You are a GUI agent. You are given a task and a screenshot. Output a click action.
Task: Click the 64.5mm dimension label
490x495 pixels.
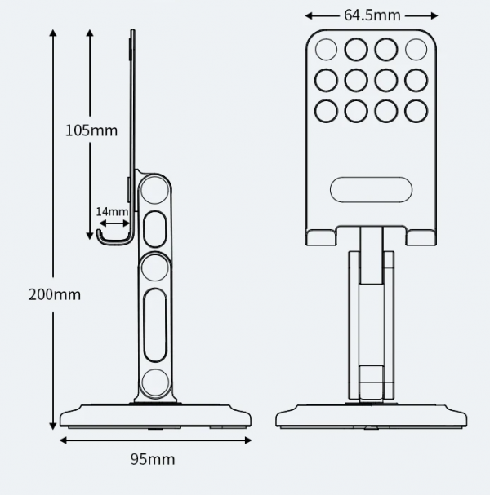(x=372, y=15)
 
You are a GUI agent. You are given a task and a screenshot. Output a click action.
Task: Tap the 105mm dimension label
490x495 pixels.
(x=91, y=130)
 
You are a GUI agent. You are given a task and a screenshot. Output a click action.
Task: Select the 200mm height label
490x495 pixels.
(x=55, y=294)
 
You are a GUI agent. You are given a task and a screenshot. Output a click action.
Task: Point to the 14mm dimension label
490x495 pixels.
(x=112, y=211)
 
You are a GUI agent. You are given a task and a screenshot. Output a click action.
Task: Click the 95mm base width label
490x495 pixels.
(x=153, y=459)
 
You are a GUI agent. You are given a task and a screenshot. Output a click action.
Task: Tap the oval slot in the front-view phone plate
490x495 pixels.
(x=371, y=189)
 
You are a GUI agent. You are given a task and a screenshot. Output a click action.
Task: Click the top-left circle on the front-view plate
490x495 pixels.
(x=326, y=49)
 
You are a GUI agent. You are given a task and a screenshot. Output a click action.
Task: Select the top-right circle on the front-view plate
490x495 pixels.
(x=416, y=49)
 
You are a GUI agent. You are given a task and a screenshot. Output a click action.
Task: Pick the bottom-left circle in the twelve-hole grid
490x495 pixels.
(x=326, y=111)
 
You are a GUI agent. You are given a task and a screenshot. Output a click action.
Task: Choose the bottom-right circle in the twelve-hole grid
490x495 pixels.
(x=416, y=111)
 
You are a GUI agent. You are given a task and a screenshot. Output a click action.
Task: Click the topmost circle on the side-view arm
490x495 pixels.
(x=154, y=190)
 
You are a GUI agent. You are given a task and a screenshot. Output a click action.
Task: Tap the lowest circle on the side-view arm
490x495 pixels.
(x=155, y=382)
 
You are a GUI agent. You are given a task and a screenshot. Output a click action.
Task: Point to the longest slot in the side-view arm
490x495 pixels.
(x=155, y=325)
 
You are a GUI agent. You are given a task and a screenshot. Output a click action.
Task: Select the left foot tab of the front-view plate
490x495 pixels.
(x=321, y=237)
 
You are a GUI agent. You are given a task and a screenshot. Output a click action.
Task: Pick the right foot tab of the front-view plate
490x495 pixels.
(x=421, y=237)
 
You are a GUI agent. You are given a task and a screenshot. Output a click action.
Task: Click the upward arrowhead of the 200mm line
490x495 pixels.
(x=53, y=33)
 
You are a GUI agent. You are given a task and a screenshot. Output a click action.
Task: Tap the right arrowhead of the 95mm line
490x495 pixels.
(x=248, y=440)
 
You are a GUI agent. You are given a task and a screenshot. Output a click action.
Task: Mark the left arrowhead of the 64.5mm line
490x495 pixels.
(x=309, y=15)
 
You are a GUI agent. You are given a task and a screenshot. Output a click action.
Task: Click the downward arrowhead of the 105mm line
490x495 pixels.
(x=90, y=236)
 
